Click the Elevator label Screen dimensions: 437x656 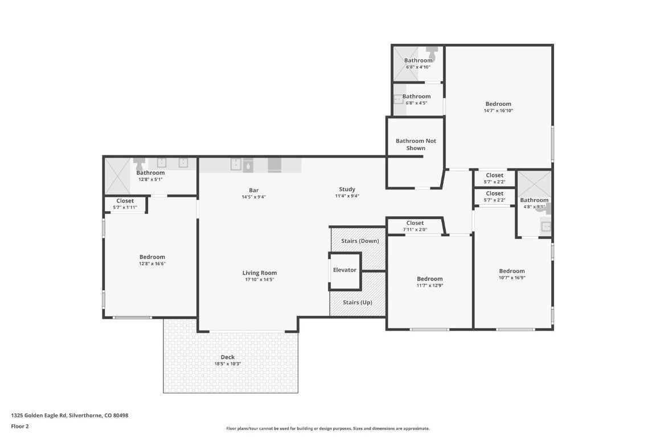[x=345, y=270]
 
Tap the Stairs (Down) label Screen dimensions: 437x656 [x=360, y=241]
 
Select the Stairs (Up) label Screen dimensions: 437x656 [x=357, y=302]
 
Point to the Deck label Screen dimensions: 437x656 [x=228, y=357]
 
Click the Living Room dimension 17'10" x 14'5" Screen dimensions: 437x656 [x=259, y=279]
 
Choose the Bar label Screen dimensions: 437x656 [x=254, y=190]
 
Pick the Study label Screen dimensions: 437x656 [x=347, y=189]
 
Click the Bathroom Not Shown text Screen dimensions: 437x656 [x=416, y=145]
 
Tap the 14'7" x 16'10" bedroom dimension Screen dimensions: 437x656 [x=498, y=111]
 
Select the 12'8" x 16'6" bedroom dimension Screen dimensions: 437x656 [x=152, y=263]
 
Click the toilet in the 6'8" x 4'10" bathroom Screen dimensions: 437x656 [x=432, y=53]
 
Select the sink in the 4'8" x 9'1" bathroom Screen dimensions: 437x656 [x=546, y=226]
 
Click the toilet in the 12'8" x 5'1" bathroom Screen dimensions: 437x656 [x=139, y=164]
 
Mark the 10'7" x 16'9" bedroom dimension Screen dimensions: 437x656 [x=512, y=278]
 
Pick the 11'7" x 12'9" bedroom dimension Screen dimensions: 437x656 [x=429, y=286]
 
